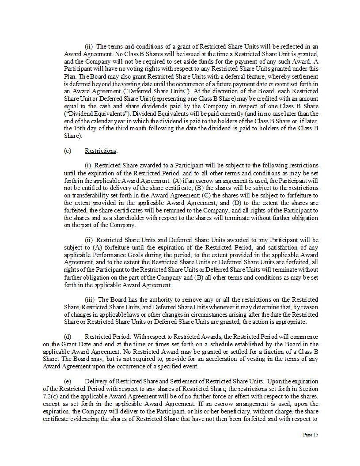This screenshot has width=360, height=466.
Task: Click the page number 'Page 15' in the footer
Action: click(x=310, y=435)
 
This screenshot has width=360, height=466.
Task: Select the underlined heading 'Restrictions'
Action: click(x=101, y=151)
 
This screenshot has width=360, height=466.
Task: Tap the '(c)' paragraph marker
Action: click(x=67, y=151)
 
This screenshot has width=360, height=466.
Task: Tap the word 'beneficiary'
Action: click(x=217, y=411)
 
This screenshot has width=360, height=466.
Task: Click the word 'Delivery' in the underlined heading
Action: click(x=95, y=381)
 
